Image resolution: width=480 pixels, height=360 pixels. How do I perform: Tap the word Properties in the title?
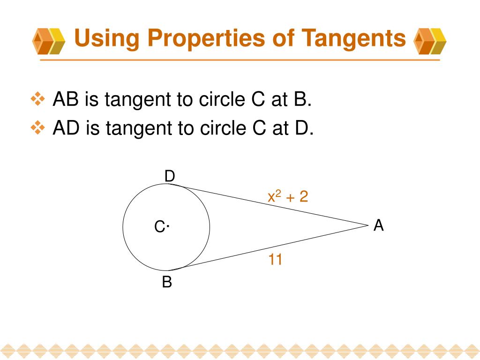pyautogui.click(x=196, y=38)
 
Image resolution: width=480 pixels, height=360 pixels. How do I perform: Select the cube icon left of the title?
pyautogui.click(x=48, y=41)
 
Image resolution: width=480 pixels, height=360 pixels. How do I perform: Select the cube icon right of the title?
pyautogui.click(x=430, y=41)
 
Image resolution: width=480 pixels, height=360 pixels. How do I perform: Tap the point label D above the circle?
pyautogui.click(x=169, y=176)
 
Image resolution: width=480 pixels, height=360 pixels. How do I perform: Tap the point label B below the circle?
pyautogui.click(x=167, y=283)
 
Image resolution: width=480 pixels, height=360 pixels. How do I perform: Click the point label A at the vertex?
pyautogui.click(x=379, y=226)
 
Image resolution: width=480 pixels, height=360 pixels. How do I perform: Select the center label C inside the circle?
pyautogui.click(x=159, y=228)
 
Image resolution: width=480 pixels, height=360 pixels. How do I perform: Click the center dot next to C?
pyautogui.click(x=167, y=227)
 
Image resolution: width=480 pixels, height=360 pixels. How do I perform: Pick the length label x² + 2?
pyautogui.click(x=287, y=196)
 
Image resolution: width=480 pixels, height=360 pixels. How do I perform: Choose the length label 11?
pyautogui.click(x=275, y=259)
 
